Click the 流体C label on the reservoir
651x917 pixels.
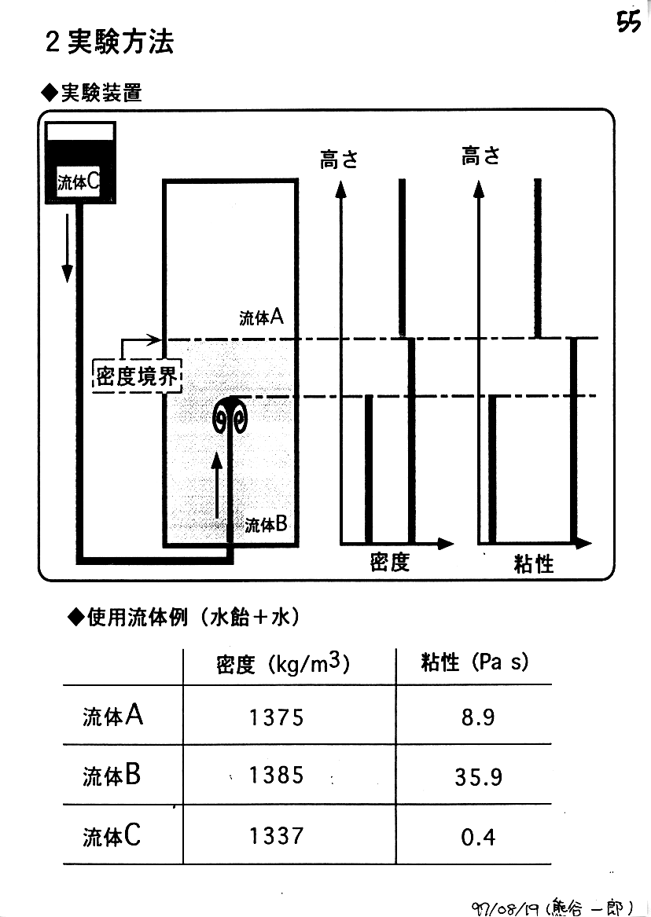[x=78, y=182]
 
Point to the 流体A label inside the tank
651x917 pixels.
[x=261, y=317]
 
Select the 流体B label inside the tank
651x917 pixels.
[x=265, y=523]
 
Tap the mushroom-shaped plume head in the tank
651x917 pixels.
[x=232, y=415]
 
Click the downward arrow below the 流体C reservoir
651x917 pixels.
[x=68, y=247]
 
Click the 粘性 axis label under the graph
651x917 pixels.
[x=533, y=563]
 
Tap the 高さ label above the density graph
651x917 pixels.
[x=339, y=160]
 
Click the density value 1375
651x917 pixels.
[x=276, y=717]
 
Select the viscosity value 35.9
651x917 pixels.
[x=478, y=777]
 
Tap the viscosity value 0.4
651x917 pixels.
[x=478, y=838]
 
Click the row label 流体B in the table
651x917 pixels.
[x=112, y=776]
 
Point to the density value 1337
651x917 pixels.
[x=276, y=836]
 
